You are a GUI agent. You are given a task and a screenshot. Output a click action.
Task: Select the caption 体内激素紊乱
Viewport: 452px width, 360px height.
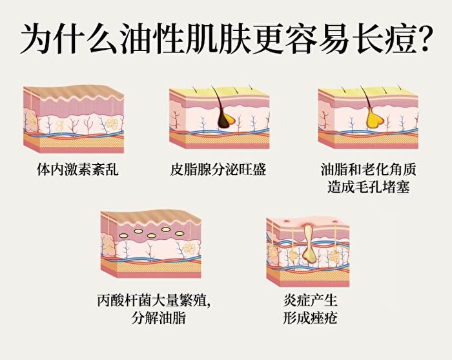tap(78, 169)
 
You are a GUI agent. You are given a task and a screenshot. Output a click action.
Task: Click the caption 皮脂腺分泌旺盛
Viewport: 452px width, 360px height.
tap(218, 169)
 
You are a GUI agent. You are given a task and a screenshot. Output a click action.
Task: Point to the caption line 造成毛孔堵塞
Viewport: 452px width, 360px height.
tap(369, 187)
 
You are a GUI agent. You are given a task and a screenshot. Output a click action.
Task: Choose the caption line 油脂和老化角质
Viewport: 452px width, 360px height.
tap(369, 169)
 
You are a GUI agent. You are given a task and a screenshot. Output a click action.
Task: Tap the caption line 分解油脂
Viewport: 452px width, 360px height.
tap(158, 318)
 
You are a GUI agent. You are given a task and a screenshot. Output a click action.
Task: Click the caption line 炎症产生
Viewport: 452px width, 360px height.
tap(310, 301)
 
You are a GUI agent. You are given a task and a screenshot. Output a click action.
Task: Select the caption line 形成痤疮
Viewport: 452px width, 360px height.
tap(310, 318)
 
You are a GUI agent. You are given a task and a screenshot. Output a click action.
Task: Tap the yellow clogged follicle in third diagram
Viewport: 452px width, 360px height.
tap(375, 120)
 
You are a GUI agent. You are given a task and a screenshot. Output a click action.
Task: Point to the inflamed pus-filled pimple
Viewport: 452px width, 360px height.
tap(309, 244)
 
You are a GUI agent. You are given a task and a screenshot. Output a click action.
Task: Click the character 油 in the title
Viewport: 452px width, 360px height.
tap(136, 39)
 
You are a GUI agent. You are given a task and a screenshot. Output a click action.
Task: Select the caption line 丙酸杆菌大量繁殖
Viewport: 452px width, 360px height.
tap(154, 301)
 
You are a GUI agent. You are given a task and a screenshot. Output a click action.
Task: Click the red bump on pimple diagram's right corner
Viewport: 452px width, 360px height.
tap(335, 222)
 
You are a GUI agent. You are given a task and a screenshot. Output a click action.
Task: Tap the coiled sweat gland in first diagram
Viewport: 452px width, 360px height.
tap(110, 123)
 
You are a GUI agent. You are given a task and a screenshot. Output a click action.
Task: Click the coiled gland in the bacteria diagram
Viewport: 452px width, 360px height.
tap(189, 248)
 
